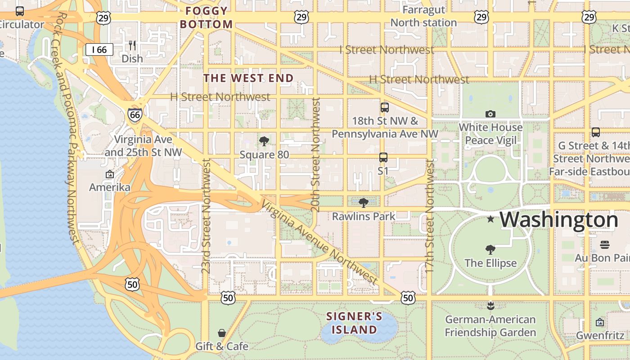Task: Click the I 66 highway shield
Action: click(99, 49)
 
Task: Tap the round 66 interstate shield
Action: click(135, 114)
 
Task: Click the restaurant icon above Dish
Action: click(132, 45)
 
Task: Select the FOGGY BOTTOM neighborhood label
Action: click(207, 18)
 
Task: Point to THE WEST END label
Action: click(248, 78)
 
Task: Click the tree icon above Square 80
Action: click(264, 142)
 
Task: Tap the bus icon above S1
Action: click(383, 157)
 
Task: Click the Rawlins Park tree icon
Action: click(364, 203)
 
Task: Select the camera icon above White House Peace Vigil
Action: click(490, 114)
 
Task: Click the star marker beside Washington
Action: click(490, 219)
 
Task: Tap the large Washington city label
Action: click(559, 220)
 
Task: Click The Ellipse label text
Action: click(490, 263)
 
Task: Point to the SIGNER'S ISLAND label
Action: click(354, 323)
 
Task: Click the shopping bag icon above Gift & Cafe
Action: click(221, 333)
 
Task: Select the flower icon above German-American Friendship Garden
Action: click(490, 306)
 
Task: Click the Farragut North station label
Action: click(423, 16)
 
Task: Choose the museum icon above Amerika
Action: click(109, 174)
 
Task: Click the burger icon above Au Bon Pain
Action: click(605, 245)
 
